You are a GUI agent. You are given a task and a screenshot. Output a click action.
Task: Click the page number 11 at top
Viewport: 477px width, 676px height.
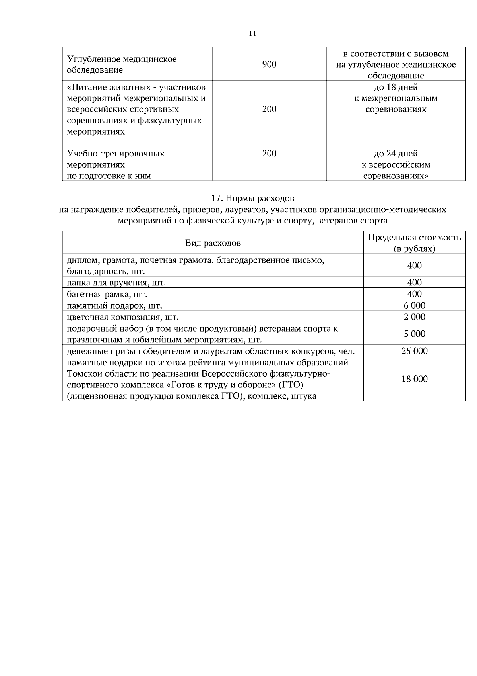tap(252, 33)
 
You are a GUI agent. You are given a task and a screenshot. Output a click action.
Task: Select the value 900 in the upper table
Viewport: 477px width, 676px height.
tap(269, 64)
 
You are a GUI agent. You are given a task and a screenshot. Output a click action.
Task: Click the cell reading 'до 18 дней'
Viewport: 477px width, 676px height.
tap(396, 87)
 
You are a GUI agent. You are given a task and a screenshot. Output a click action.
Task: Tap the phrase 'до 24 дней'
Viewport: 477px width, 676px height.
tap(396, 154)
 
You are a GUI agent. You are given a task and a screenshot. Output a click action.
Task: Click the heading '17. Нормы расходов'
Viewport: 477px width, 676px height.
tap(252, 198)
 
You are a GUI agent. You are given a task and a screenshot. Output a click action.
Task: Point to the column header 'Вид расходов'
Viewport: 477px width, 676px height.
tap(213, 243)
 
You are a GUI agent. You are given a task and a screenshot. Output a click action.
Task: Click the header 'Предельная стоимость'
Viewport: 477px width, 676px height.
tap(414, 238)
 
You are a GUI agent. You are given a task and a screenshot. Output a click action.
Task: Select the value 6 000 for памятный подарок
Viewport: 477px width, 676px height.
tap(414, 305)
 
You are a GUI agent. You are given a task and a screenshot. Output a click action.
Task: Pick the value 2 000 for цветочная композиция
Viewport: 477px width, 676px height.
tap(414, 317)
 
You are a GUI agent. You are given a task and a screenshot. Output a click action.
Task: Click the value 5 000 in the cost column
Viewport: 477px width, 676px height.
tap(414, 334)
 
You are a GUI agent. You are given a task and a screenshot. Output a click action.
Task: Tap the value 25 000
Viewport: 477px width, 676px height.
tap(414, 351)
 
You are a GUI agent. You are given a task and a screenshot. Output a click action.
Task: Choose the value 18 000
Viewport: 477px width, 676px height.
tap(414, 379)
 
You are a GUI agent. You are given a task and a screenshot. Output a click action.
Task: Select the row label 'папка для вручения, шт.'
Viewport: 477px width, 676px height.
tap(116, 283)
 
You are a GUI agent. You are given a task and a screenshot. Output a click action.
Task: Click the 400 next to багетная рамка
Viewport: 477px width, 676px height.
tap(414, 294)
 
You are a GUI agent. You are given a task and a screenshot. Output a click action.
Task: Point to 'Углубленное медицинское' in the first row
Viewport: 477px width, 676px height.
tap(122, 59)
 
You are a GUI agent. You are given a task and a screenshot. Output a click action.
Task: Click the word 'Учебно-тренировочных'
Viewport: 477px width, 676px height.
tap(116, 154)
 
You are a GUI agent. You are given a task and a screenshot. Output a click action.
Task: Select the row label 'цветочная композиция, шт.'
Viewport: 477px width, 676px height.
tap(122, 317)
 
